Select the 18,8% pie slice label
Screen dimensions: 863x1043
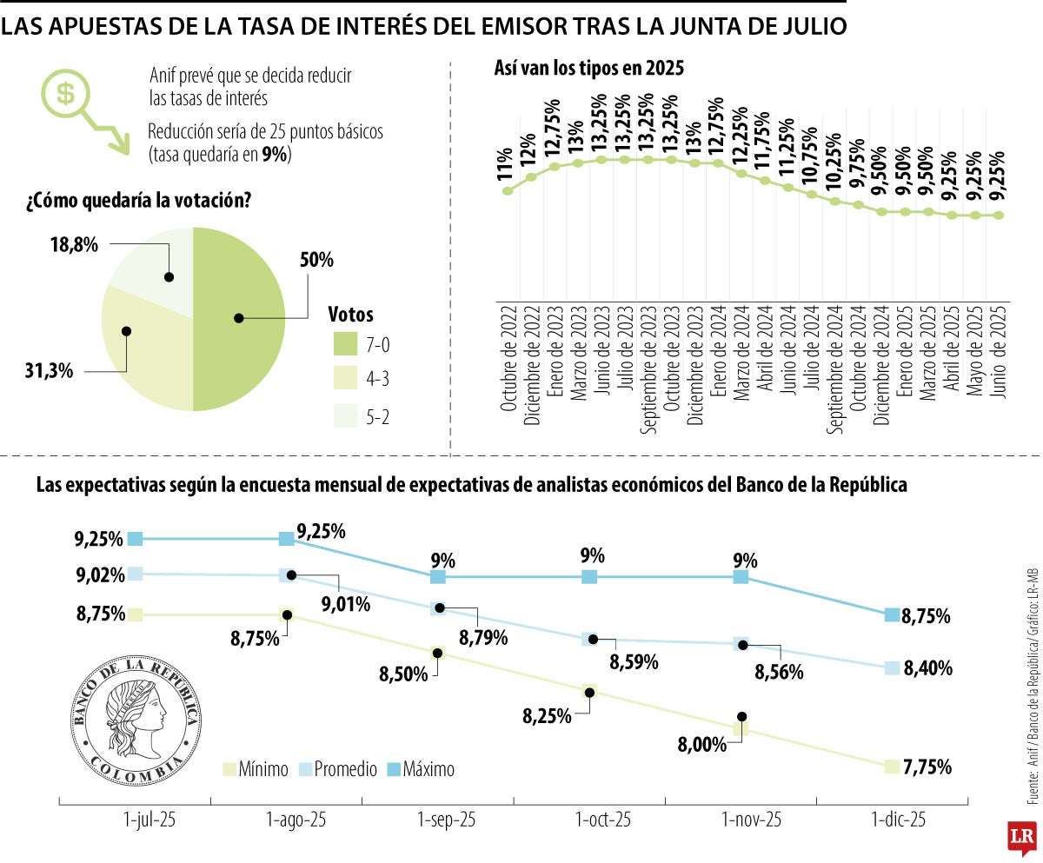point(75,245)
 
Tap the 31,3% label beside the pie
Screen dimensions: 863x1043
point(50,371)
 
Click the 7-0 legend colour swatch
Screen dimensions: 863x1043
point(347,345)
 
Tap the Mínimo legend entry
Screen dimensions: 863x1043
point(256,769)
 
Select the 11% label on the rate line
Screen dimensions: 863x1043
point(505,165)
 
